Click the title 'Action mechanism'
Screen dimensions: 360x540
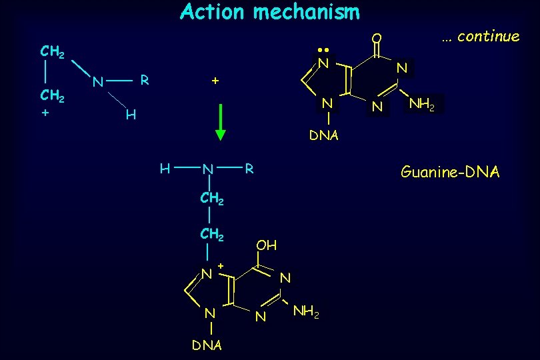point(269,12)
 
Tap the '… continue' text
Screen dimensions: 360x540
point(480,37)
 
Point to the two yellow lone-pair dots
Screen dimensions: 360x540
point(324,50)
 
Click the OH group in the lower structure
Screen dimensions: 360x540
point(267,245)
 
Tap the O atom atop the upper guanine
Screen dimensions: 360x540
point(377,38)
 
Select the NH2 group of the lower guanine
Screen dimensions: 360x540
point(306,311)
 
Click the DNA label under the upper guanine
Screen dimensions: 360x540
point(323,135)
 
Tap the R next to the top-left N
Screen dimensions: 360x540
point(143,80)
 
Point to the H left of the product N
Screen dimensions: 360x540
point(165,168)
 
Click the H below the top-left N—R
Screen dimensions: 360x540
point(131,116)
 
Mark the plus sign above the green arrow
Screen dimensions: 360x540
point(215,81)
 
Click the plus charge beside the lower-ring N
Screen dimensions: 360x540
point(220,267)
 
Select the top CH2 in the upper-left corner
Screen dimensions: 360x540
point(52,51)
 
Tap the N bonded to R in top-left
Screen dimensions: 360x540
point(97,83)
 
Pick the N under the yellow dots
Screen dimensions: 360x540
point(323,63)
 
